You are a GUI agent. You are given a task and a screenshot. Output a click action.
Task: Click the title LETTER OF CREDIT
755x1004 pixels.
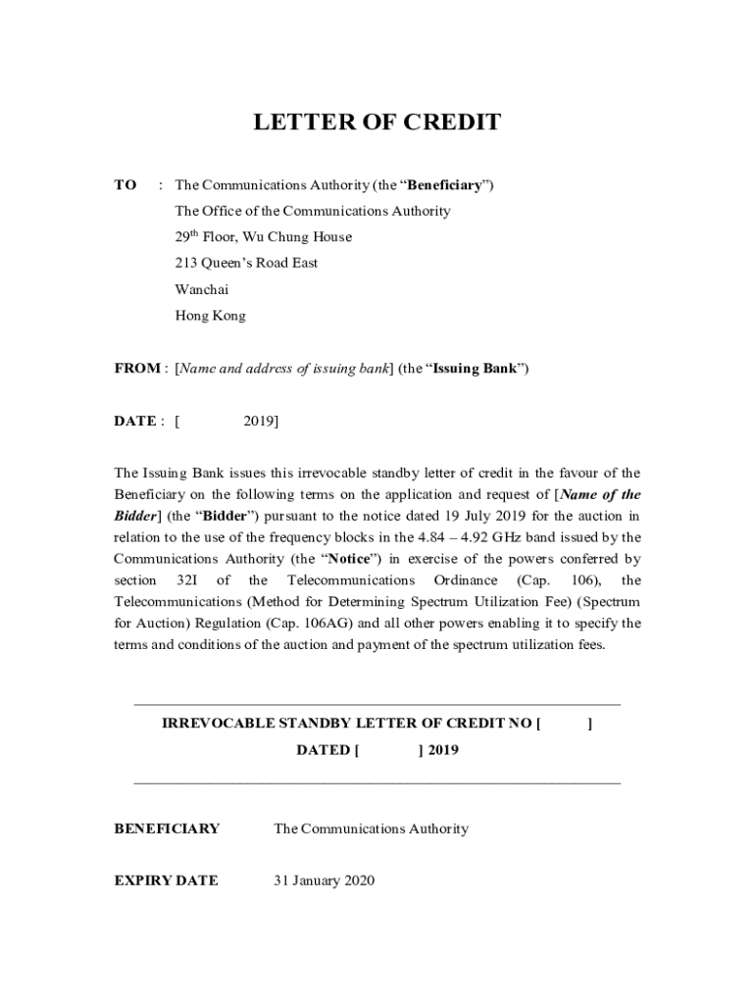click(377, 123)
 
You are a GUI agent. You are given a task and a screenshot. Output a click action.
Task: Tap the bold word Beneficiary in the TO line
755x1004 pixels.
click(443, 184)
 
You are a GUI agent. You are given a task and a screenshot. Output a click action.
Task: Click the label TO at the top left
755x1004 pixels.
click(126, 184)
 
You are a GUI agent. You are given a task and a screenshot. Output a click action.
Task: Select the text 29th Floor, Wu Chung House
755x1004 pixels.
click(263, 237)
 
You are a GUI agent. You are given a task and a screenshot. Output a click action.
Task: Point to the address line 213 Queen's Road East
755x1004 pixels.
click(246, 263)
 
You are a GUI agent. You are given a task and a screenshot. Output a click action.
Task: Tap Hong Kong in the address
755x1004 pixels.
click(210, 316)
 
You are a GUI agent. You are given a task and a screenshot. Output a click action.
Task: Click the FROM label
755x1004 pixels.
click(137, 369)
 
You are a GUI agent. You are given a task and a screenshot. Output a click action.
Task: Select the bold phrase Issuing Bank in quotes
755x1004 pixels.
click(478, 369)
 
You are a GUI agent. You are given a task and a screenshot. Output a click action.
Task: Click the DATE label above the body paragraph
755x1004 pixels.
click(134, 422)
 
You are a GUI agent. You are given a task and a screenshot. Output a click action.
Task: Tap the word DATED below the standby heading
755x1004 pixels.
click(323, 750)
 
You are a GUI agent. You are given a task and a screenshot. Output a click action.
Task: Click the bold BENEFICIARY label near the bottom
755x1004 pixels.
click(167, 829)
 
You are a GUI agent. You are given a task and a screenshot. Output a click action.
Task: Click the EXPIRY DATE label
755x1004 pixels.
click(166, 880)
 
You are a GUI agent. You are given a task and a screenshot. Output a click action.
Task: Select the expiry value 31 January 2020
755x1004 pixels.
click(324, 880)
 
